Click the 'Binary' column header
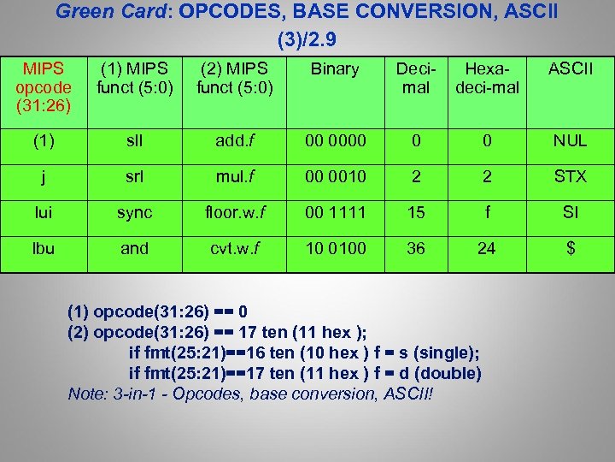tap(335, 68)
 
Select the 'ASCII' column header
tap(570, 68)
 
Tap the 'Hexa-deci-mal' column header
tap(487, 78)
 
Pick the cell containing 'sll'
tap(134, 140)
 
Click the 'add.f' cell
tap(234, 140)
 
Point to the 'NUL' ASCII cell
tap(570, 140)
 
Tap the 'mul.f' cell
tap(234, 176)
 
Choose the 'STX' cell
tap(570, 176)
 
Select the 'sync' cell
tap(134, 212)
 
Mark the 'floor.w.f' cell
tap(234, 212)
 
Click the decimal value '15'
tap(416, 212)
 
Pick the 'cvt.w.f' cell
tap(234, 248)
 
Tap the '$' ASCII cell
tap(570, 248)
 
